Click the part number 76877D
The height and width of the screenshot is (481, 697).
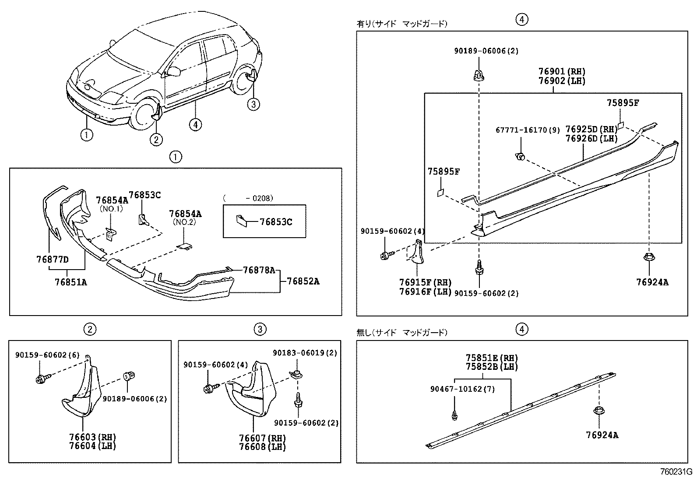click(x=52, y=259)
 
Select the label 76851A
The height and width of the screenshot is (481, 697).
click(x=70, y=282)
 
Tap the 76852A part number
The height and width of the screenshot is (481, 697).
click(x=303, y=281)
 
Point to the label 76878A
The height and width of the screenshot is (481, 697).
click(x=259, y=270)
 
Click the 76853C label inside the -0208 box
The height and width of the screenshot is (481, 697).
click(x=276, y=222)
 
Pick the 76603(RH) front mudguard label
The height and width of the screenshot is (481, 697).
click(x=93, y=437)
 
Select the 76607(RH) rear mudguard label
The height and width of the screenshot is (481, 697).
click(x=262, y=438)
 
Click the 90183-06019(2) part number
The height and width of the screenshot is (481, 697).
click(x=305, y=353)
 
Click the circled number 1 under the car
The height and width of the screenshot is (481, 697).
click(x=86, y=134)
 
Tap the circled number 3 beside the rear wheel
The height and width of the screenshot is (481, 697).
click(x=253, y=104)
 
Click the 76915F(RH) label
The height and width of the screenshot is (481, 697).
click(x=425, y=283)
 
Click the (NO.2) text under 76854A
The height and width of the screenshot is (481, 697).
click(x=185, y=222)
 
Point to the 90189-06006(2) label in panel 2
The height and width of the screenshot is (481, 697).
click(x=134, y=399)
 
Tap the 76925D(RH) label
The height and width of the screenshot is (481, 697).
click(x=591, y=129)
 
